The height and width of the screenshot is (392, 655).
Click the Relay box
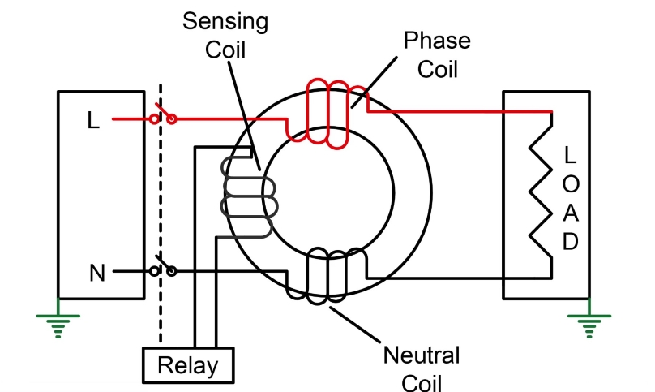pyautogui.click(x=187, y=365)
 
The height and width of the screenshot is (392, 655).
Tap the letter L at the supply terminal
pyautogui.click(x=94, y=121)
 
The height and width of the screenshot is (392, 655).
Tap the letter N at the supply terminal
pyautogui.click(x=97, y=274)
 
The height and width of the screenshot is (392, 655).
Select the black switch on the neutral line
pyautogui.click(x=164, y=268)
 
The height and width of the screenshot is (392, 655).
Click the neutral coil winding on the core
pyautogui.click(x=327, y=277)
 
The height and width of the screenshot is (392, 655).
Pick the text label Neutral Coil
pyautogui.click(x=421, y=368)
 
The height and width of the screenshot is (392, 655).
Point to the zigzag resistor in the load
pyautogui.click(x=542, y=195)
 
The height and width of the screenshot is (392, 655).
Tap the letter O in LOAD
pyautogui.click(x=571, y=183)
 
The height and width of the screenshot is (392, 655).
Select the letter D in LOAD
pyautogui.click(x=571, y=241)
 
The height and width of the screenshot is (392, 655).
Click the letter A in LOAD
pyautogui.click(x=571, y=212)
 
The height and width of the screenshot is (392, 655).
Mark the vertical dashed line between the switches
pyautogui.click(x=161, y=203)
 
